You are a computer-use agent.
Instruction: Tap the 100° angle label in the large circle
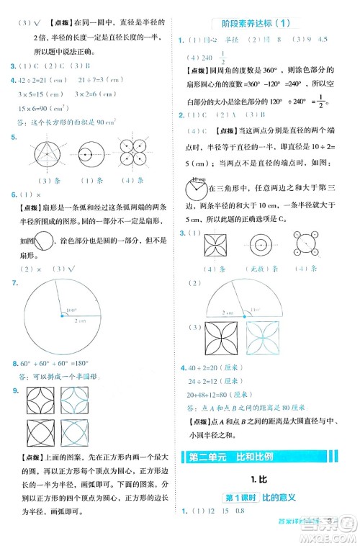(x=71, y=310)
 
